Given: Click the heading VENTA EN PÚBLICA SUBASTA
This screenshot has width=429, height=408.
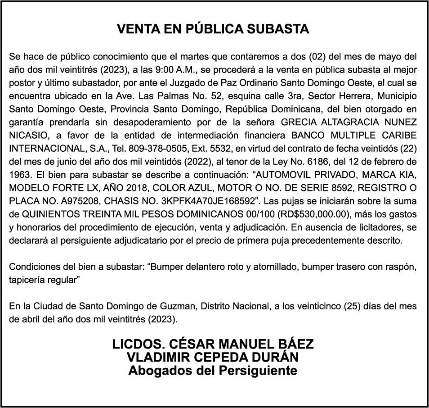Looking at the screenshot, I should (213, 29).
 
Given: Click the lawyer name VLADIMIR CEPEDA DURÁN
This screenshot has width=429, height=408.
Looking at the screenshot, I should (213, 358).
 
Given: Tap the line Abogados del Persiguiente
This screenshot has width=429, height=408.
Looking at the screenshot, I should (213, 371).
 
